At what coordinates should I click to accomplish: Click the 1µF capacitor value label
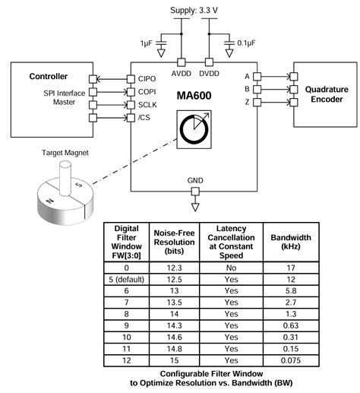coord(149,40)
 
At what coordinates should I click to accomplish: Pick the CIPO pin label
coord(147,78)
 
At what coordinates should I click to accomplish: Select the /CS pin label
coord(145,118)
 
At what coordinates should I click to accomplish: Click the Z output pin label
coord(247,102)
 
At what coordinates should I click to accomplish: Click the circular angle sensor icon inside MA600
coord(195,130)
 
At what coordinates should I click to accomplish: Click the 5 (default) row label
coord(131,279)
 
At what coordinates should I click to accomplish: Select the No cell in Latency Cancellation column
coord(231,268)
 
